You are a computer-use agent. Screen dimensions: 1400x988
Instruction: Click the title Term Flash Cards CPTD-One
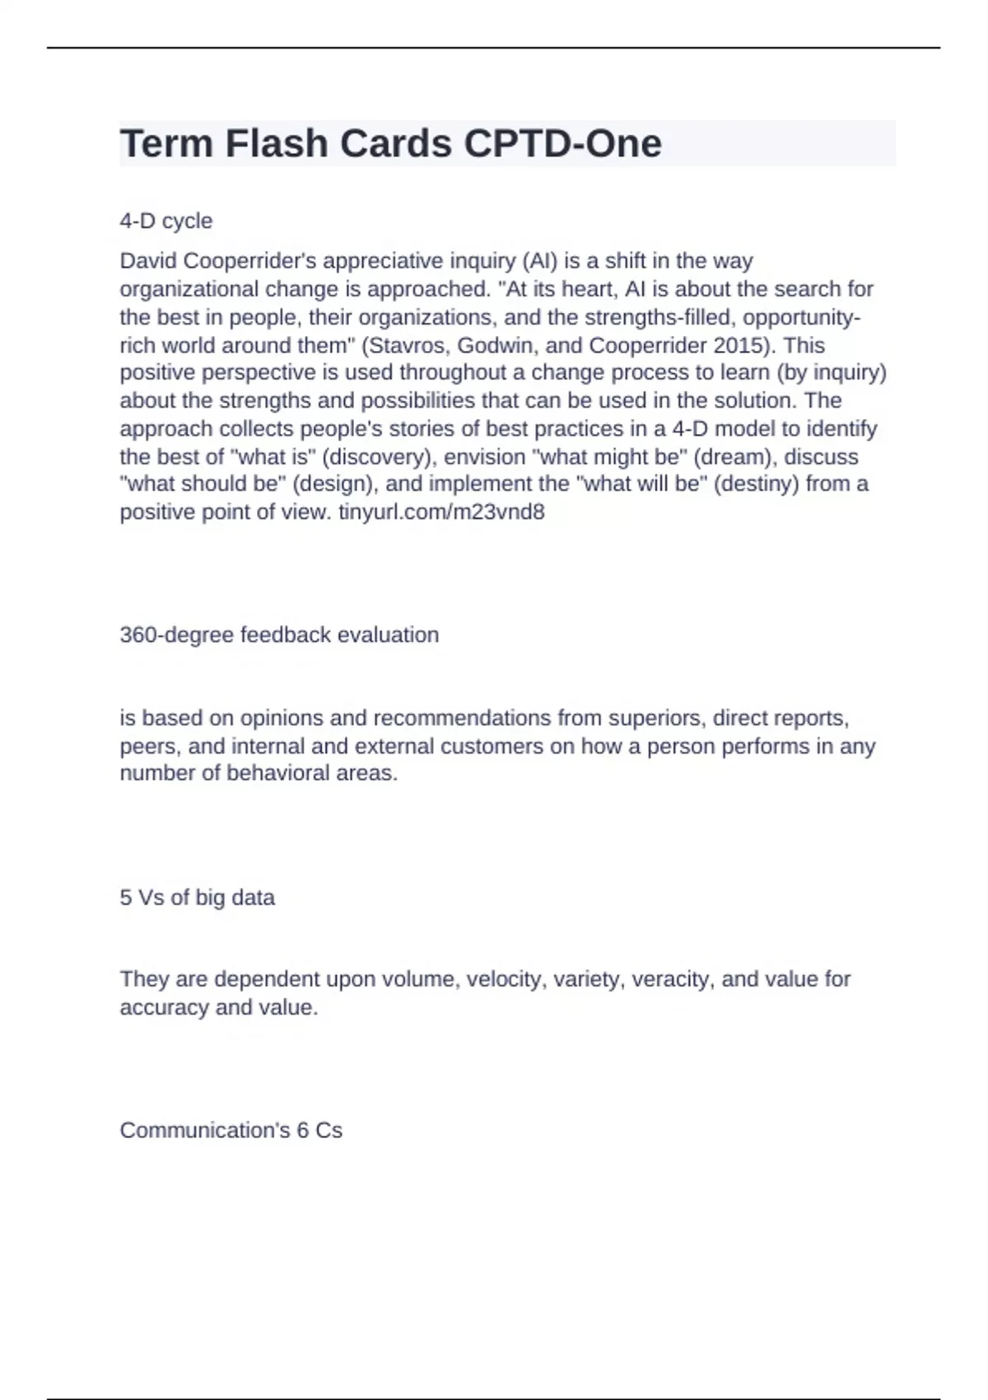click(390, 144)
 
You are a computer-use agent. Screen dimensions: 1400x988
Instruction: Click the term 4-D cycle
click(166, 221)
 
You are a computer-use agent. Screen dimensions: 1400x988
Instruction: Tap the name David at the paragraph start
click(148, 261)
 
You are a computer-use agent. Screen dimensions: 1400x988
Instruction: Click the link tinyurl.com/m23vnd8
click(441, 512)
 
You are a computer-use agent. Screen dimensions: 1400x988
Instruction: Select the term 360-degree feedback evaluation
click(279, 635)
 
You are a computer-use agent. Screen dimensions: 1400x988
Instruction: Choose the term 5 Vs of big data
click(197, 898)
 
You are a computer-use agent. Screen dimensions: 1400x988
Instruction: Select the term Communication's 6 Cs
click(231, 1131)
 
